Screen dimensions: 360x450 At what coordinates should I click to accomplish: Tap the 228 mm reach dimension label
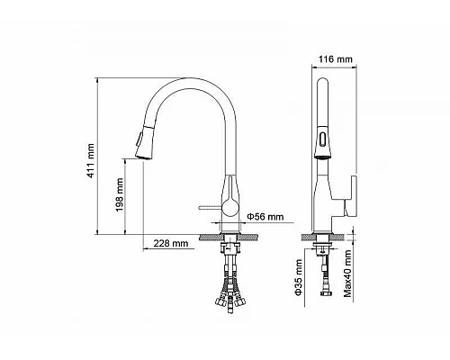pyautogui.click(x=171, y=244)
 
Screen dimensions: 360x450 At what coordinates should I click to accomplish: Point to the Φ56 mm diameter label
pyautogui.click(x=266, y=216)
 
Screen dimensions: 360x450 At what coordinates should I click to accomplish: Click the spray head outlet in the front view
pyautogui.click(x=141, y=155)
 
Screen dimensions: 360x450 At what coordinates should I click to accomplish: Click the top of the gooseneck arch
pyautogui.click(x=184, y=82)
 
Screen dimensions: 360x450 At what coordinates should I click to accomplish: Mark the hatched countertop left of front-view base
pyautogui.click(x=209, y=238)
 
